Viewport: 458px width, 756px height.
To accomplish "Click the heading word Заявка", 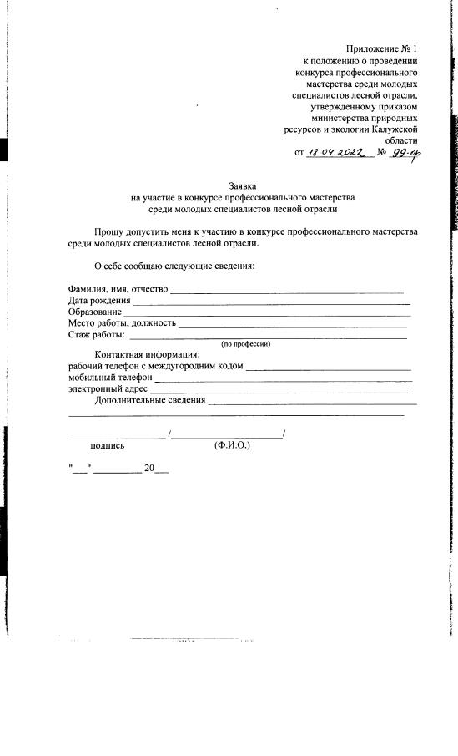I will point(243,185).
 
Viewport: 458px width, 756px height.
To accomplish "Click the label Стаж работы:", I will point(97,335).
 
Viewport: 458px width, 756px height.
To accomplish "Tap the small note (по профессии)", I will point(245,344).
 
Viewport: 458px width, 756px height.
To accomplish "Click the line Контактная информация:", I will point(147,354).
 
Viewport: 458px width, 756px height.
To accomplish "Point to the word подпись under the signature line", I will point(108,446).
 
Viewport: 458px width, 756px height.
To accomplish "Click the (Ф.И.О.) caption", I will point(233,446).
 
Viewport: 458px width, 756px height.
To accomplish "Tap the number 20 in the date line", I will point(149,469).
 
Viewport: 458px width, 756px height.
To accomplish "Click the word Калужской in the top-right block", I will point(393,129).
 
